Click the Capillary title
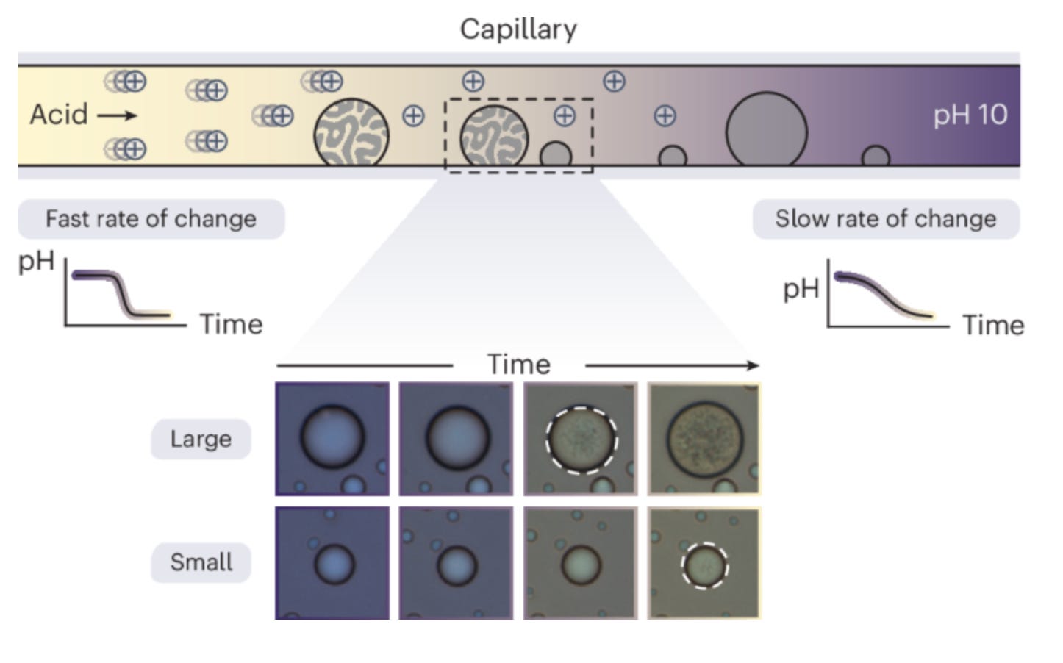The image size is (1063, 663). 518,29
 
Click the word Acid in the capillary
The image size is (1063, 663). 59,115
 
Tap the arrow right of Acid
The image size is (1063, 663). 117,115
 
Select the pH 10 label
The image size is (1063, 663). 970,115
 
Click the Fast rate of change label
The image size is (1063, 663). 151,219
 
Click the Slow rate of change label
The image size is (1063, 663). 885,219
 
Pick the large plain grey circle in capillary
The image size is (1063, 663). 766,132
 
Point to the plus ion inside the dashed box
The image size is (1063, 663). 564,115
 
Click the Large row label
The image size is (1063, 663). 201,439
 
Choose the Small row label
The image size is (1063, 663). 201,562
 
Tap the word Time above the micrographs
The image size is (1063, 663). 518,365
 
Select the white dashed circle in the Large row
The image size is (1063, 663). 581,440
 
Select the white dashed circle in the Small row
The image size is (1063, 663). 704,566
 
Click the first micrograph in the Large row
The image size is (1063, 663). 332,439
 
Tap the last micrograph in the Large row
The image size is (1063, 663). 704,439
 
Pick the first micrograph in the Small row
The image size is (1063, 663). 332,563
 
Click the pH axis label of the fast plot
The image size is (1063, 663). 36,262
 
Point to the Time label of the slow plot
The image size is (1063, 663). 993,325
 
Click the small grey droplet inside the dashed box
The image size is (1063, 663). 555,156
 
